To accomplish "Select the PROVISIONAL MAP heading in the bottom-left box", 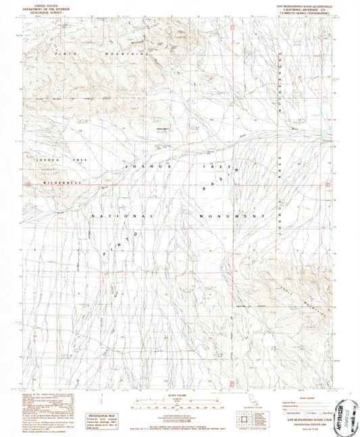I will coord(97,417).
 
